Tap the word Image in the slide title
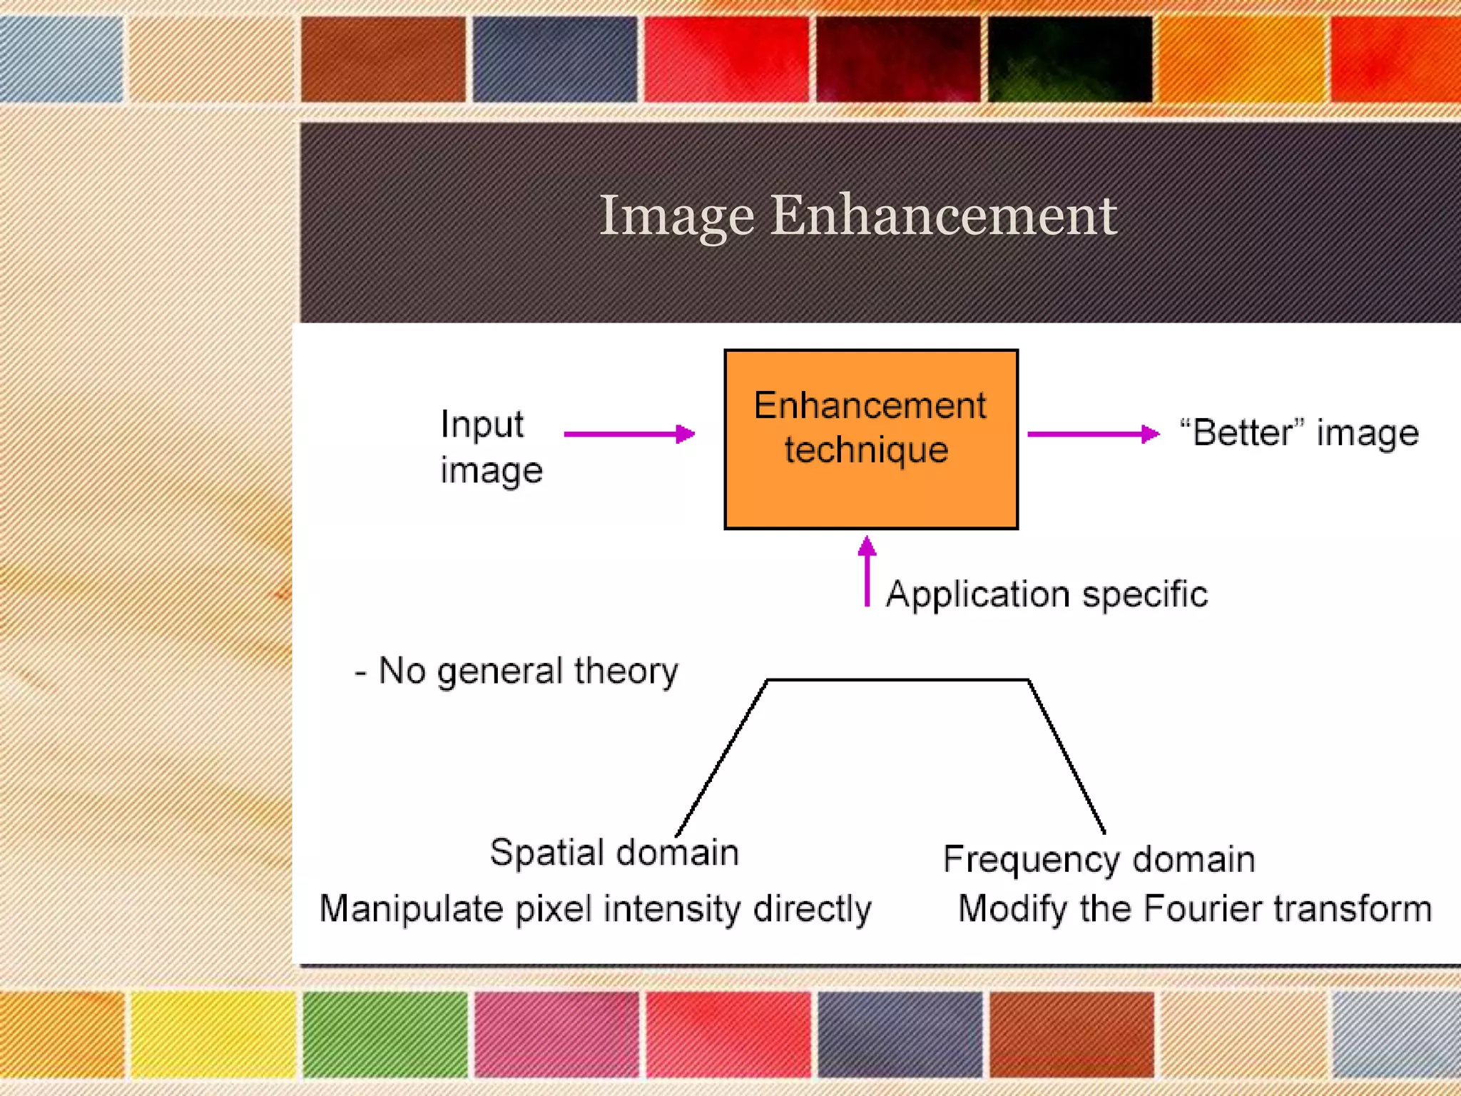(x=676, y=216)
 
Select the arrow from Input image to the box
(x=628, y=434)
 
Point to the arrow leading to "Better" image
(x=1092, y=434)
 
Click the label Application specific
(x=1047, y=594)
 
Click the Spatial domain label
(x=614, y=853)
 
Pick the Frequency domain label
(x=1099, y=859)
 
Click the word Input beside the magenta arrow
(x=482, y=425)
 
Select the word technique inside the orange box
(x=866, y=450)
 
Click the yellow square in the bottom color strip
(x=213, y=1033)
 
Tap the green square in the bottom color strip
(x=385, y=1033)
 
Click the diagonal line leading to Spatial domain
(x=721, y=758)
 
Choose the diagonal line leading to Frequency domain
(x=1067, y=757)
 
